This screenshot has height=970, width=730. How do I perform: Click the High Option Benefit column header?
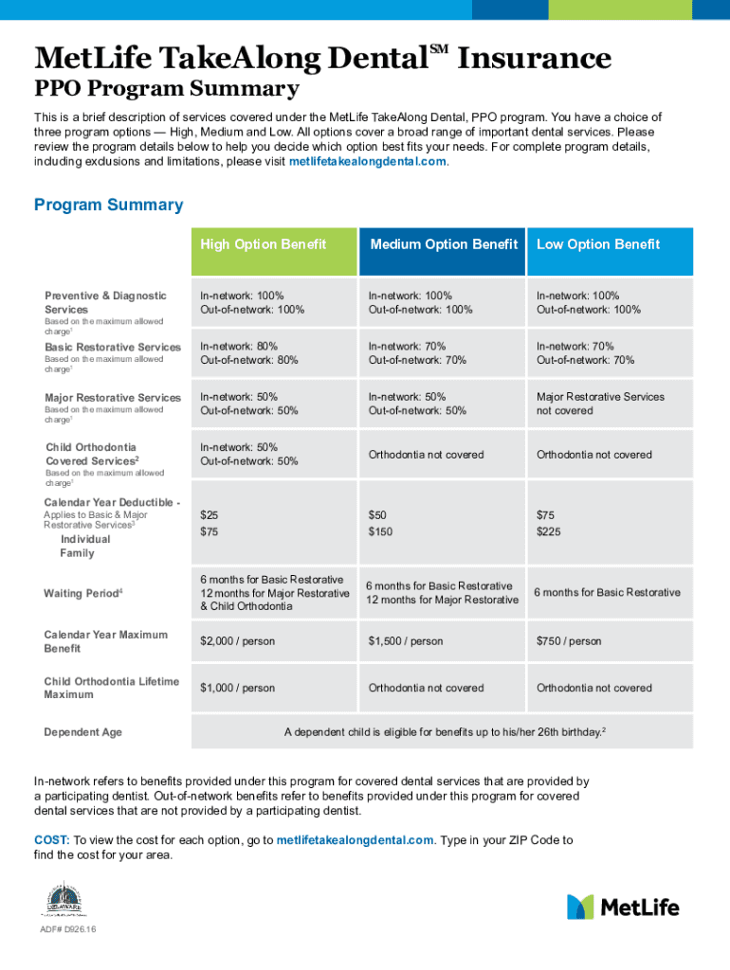point(263,244)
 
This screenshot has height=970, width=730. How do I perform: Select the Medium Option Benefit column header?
point(444,244)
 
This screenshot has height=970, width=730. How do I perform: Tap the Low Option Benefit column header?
point(598,244)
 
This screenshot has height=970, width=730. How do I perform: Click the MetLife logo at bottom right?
point(623,907)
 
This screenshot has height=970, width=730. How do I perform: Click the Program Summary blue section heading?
point(108,206)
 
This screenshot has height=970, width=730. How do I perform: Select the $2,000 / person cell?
point(237,641)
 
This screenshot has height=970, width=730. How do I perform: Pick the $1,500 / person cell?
point(406,641)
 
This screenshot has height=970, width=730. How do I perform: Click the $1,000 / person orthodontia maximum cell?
point(237,688)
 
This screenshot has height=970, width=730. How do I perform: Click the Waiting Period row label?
point(83,593)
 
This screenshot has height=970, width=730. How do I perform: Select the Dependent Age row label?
point(82,732)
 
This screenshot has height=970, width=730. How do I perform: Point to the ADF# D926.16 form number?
point(67,929)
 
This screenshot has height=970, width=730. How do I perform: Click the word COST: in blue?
point(52,840)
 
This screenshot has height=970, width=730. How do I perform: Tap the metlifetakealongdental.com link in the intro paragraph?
point(366,162)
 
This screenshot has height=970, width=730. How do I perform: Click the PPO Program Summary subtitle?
point(167,90)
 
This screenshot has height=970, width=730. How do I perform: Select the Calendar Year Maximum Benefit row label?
point(105,641)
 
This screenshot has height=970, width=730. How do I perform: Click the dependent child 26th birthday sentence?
point(445,732)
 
